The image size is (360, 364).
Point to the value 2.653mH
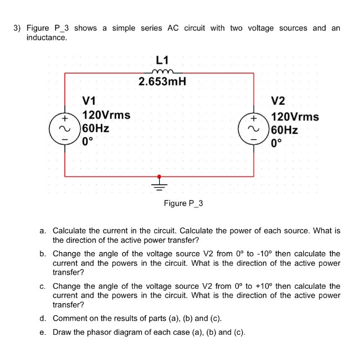(x=163, y=83)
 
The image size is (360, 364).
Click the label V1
(x=89, y=102)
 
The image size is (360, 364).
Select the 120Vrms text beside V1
(x=106, y=115)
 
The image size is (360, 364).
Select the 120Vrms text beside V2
(x=295, y=117)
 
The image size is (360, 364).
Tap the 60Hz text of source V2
(x=284, y=130)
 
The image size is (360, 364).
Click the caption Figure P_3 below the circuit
(x=183, y=203)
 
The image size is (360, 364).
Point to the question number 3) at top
(x=17, y=28)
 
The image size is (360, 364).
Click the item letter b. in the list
(x=43, y=254)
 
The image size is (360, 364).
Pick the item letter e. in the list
(x=43, y=332)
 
